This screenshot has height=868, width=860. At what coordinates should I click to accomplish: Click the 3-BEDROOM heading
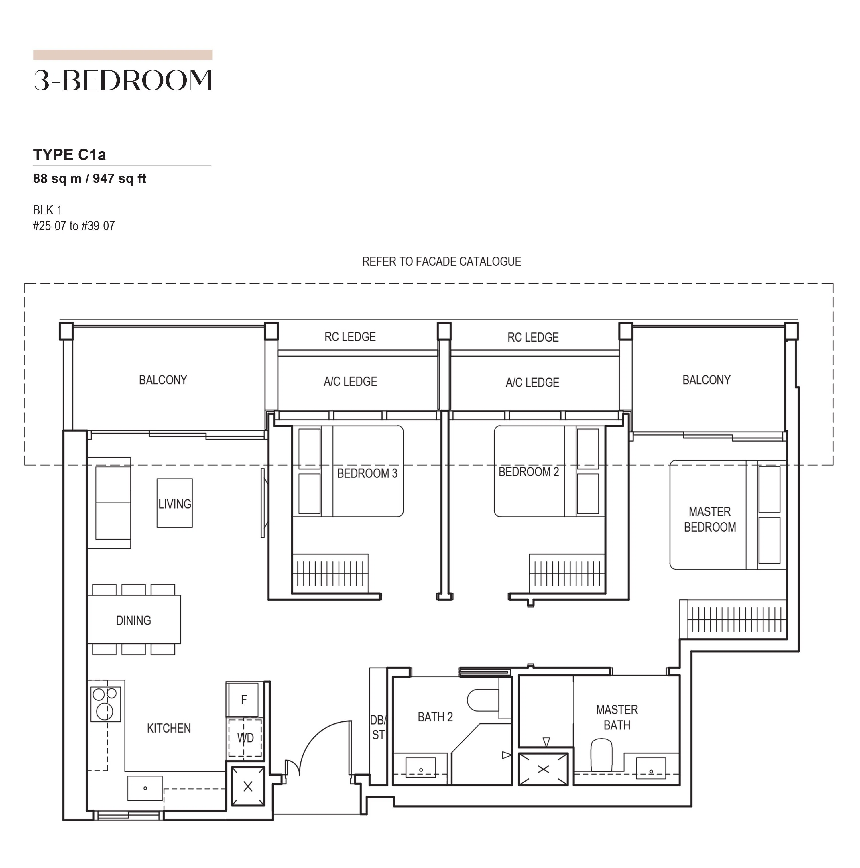(123, 80)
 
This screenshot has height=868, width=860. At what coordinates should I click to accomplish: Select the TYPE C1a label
(70, 155)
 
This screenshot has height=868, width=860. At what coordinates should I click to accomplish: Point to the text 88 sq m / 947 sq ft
(89, 179)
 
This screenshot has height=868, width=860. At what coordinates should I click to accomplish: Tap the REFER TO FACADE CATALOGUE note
(442, 261)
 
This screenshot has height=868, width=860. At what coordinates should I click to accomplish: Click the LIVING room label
(174, 504)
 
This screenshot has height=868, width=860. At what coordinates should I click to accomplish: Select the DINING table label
(133, 621)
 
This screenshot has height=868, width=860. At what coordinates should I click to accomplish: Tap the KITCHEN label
(169, 728)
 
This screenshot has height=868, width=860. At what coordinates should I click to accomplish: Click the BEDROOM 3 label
(367, 474)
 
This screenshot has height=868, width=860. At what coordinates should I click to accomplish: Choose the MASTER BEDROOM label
(710, 519)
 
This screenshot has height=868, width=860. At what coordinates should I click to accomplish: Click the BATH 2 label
(435, 717)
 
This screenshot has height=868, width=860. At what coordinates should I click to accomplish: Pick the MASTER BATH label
(617, 717)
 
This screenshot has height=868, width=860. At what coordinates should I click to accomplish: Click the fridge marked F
(243, 700)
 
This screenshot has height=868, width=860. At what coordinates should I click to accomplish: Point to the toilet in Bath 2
(483, 700)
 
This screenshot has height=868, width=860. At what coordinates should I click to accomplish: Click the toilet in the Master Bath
(602, 756)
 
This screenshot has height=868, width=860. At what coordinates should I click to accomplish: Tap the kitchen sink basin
(145, 788)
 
